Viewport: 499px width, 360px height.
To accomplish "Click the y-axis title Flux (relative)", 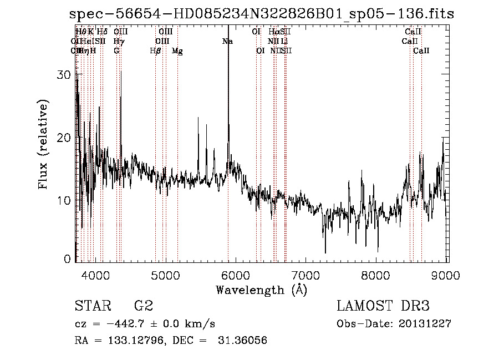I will (x=43, y=144).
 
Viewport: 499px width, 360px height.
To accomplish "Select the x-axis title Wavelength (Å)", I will (x=261, y=290).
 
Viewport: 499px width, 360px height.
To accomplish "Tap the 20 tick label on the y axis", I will (x=65, y=138).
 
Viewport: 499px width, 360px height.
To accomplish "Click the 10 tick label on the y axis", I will (x=65, y=200).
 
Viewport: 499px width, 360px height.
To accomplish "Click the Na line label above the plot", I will (x=227, y=42).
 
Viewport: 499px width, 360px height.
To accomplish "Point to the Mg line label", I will (x=177, y=51).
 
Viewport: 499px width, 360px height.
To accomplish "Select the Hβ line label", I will (x=156, y=51).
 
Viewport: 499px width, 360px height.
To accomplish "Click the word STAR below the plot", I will (x=91, y=306).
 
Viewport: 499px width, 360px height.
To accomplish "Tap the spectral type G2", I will (x=144, y=306).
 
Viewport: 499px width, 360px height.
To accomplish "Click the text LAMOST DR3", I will (x=383, y=306).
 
